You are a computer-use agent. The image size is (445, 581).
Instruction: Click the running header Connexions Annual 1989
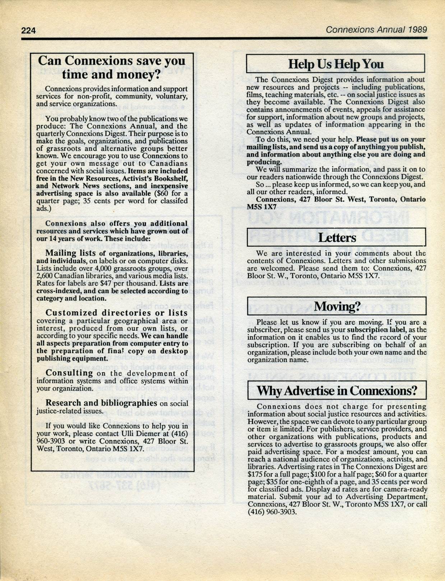(376, 29)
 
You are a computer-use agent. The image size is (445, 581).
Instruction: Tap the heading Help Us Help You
(336, 64)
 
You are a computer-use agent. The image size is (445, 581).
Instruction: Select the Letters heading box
(337, 237)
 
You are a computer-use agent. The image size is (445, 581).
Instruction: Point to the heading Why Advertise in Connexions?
(337, 390)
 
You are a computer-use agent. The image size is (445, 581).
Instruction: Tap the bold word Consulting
(69, 373)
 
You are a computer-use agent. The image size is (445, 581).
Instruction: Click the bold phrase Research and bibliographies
(101, 403)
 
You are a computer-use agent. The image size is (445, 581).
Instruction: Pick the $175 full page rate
(255, 474)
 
